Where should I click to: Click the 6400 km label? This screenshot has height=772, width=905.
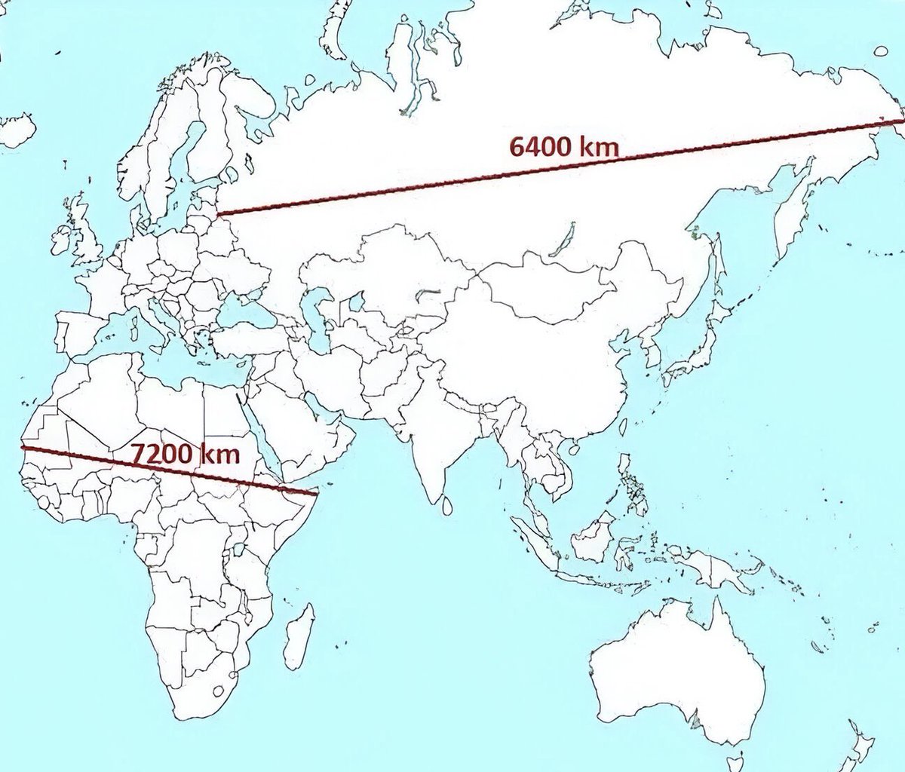point(563,145)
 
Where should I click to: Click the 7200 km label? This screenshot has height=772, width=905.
point(186,454)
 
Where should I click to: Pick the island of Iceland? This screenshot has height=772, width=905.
point(17,130)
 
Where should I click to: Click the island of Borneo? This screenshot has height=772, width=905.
point(595,536)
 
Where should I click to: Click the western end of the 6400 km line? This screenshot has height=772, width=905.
point(218,213)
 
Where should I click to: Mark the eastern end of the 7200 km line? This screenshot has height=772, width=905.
point(314,494)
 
